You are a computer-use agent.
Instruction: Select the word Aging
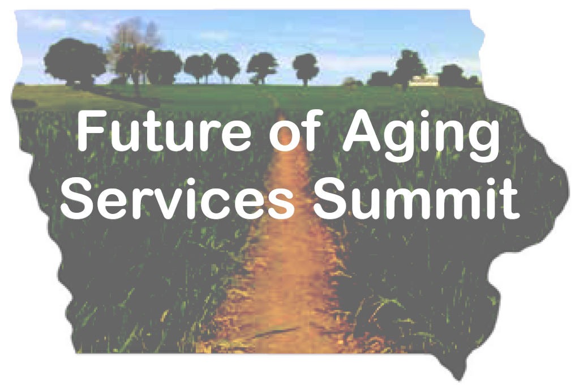coord(421,136)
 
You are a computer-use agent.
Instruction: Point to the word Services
coord(178,198)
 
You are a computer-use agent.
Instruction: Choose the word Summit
coord(416,198)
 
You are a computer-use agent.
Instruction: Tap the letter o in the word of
coord(284,136)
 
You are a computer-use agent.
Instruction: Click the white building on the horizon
coord(423,80)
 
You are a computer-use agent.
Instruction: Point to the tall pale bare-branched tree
coord(134,48)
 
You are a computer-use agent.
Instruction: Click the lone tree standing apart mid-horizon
coord(306,68)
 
